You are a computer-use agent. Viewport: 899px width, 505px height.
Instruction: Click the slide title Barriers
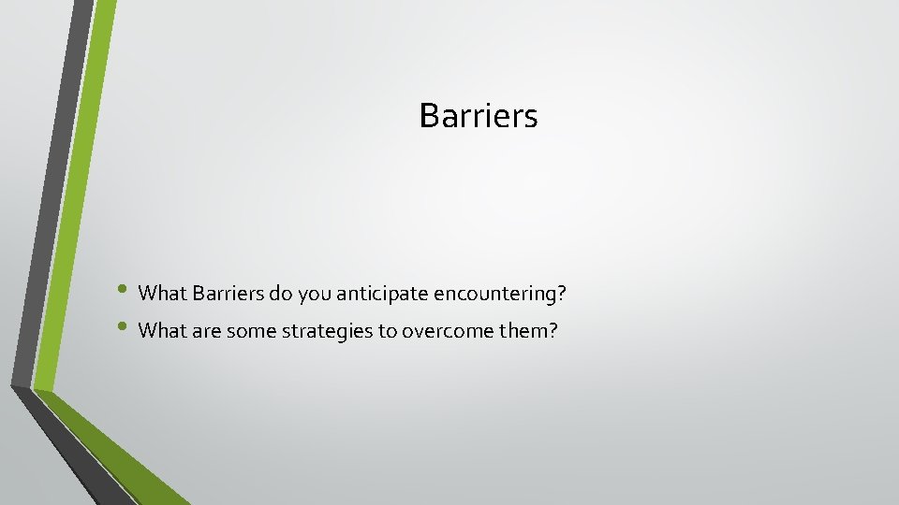click(479, 116)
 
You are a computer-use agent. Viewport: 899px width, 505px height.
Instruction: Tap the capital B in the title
click(430, 116)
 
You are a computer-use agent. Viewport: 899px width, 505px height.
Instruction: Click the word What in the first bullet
click(162, 294)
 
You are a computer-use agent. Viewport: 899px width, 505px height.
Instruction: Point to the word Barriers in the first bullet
click(228, 294)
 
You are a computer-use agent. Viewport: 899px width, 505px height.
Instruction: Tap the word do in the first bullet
click(280, 294)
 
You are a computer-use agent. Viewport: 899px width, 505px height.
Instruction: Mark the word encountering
click(491, 294)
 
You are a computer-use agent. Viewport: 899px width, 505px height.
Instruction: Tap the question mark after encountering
click(562, 294)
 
